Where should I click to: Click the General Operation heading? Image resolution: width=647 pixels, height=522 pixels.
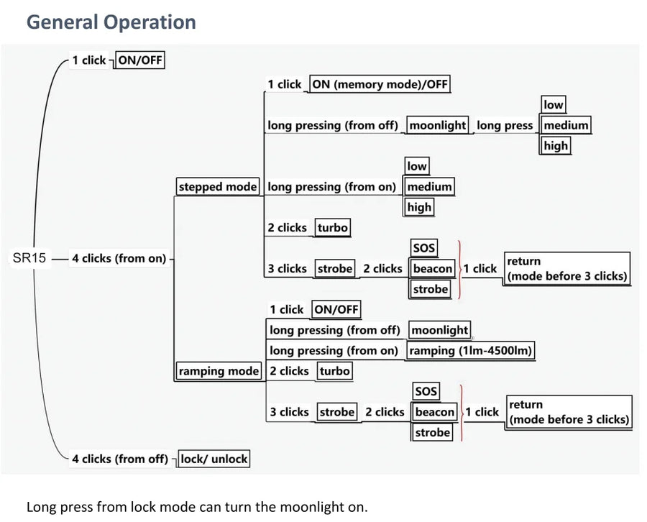(111, 22)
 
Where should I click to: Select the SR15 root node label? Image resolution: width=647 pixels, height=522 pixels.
(29, 258)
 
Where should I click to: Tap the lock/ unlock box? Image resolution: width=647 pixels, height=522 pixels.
(214, 459)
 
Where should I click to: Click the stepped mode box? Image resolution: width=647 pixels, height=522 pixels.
(217, 187)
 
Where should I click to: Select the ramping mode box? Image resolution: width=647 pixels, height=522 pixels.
(219, 371)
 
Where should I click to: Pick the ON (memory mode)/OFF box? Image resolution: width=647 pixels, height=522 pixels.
(380, 84)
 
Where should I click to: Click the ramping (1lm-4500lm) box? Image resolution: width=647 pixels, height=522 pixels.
(471, 351)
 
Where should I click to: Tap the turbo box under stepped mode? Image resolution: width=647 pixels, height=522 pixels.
(333, 228)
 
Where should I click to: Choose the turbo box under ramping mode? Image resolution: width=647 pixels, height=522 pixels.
(334, 371)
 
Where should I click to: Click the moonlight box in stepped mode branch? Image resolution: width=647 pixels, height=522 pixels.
(437, 125)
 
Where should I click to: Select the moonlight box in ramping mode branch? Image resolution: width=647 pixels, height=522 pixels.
(439, 331)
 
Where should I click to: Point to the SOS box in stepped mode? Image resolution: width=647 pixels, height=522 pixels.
(424, 248)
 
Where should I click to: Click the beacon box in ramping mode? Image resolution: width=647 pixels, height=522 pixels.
(435, 412)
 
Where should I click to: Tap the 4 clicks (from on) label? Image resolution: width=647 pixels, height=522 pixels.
(119, 258)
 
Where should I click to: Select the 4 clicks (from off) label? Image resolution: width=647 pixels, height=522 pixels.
(119, 459)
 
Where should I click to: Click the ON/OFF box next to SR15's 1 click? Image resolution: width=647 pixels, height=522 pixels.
(140, 60)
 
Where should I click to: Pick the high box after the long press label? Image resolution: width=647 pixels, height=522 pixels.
(555, 146)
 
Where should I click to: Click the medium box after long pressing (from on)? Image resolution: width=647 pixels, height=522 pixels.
(429, 187)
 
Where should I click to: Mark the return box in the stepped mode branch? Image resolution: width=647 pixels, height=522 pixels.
(566, 269)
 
